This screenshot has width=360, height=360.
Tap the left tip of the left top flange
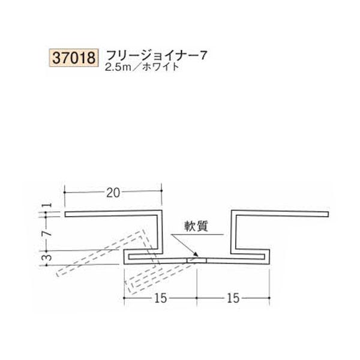pyautogui.click(x=65, y=214)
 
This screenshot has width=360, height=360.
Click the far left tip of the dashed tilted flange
pyautogui.click(x=56, y=272)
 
